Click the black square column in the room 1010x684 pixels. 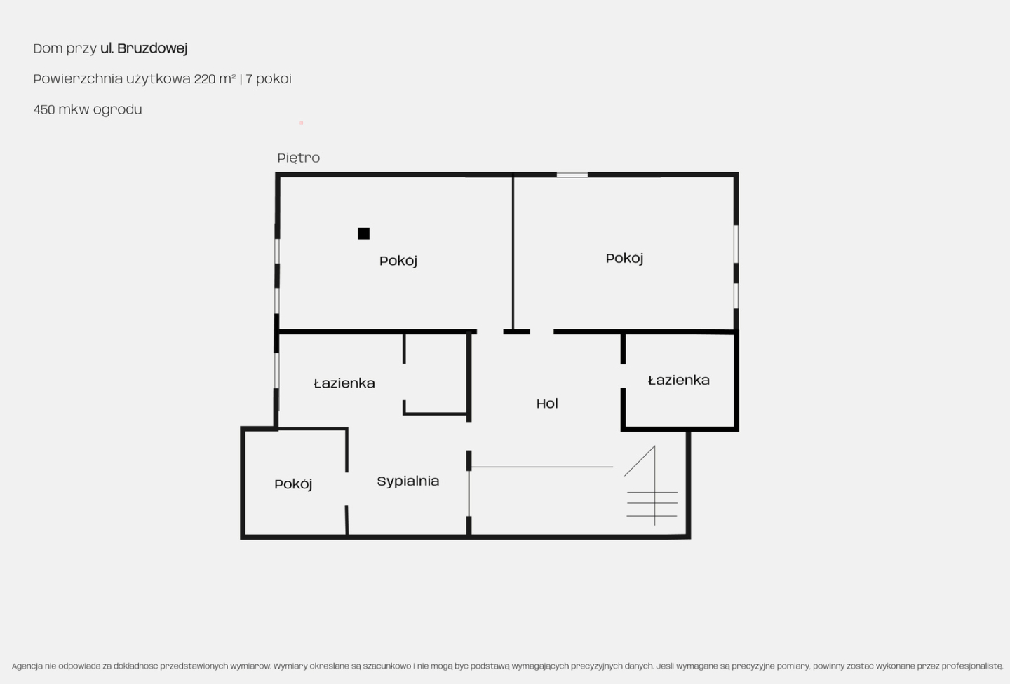coord(363,233)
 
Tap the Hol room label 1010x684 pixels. coord(547,403)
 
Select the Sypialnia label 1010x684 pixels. coord(408,481)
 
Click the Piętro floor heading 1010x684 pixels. coord(299,158)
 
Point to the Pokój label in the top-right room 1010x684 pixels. coord(624,259)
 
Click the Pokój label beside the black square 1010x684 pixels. coord(398,261)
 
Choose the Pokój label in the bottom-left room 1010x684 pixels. coord(293,484)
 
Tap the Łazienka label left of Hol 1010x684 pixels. coord(344,383)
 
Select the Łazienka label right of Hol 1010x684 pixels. coord(679,381)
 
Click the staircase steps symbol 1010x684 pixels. coord(652,486)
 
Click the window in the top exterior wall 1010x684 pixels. coord(572,175)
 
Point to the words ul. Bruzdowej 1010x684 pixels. coord(143,48)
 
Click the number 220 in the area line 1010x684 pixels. coord(205,79)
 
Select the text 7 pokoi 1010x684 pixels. coord(268,79)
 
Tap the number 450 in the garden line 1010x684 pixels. coord(44,109)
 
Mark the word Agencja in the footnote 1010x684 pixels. coord(27,666)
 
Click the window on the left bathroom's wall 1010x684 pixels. coord(277,371)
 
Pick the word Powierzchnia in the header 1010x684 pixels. coord(78,79)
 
